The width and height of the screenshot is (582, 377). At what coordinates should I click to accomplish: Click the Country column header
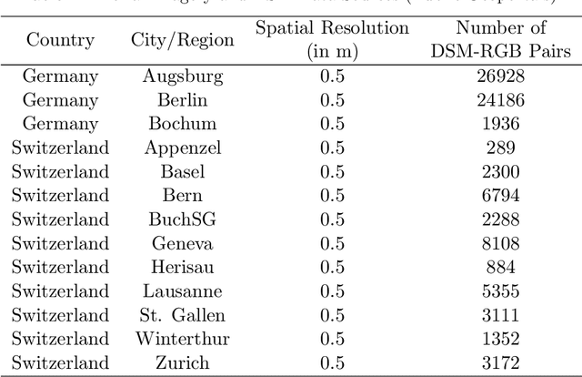(60, 39)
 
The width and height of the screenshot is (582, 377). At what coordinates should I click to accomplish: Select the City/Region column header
(182, 39)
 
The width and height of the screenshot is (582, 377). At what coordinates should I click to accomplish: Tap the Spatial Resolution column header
(332, 39)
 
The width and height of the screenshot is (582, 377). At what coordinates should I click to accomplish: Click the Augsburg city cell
(182, 76)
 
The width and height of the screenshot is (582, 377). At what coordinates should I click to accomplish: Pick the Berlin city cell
(182, 99)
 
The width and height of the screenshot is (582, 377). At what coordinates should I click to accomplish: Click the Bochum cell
(182, 123)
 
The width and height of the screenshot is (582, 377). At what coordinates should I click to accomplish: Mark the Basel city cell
(182, 171)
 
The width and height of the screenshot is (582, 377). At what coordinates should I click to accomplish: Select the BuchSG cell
(182, 219)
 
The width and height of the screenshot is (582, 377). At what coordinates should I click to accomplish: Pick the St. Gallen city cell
(182, 315)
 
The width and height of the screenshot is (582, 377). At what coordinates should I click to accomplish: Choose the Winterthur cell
(182, 339)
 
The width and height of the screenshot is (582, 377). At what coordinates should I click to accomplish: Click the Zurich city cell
(182, 363)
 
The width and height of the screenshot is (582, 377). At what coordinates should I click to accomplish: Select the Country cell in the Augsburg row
(60, 76)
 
